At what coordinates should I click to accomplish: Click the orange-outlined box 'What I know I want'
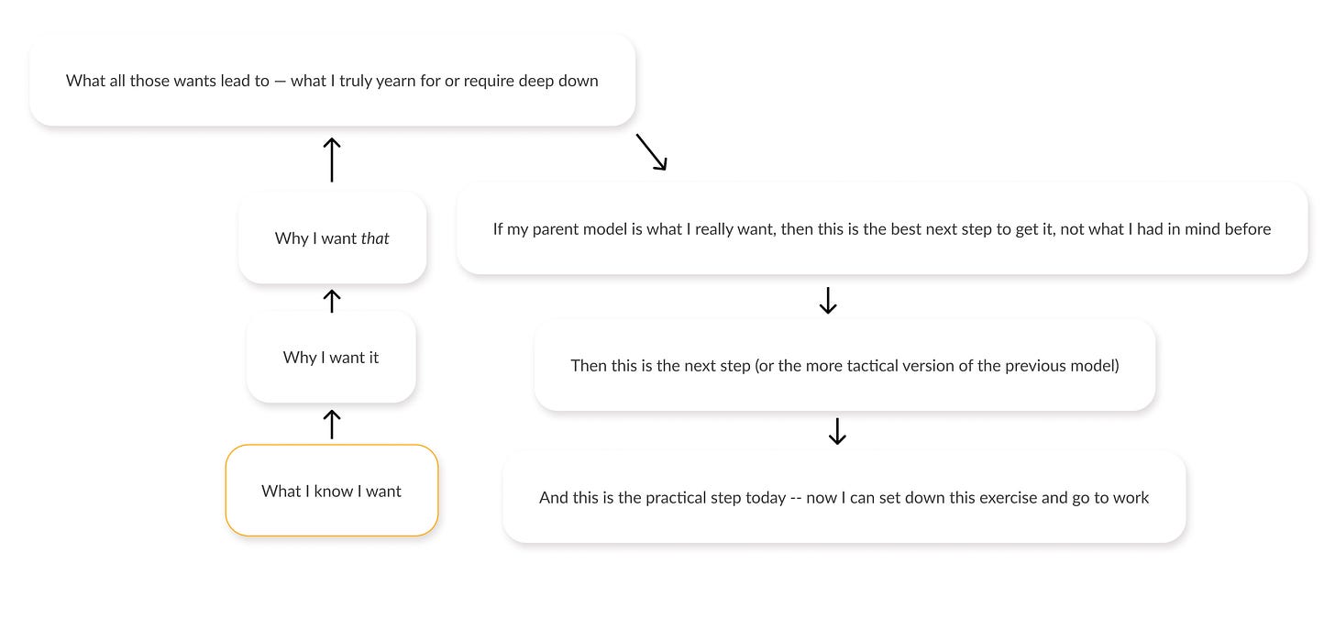[x=332, y=491]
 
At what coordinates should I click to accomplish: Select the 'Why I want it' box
[x=331, y=357]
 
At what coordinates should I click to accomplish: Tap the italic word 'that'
[x=375, y=238]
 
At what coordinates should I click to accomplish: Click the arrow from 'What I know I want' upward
[x=332, y=424]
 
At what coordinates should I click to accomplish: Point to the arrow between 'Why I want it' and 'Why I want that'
[x=332, y=299]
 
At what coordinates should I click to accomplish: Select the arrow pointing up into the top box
[x=332, y=160]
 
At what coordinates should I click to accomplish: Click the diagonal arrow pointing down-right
[x=652, y=152]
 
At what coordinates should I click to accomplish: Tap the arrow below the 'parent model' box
[x=828, y=300]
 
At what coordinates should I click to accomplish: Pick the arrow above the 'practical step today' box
[x=836, y=431]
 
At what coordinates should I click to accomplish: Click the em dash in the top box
[x=281, y=81]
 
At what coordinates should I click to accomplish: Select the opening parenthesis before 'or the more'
[x=758, y=366]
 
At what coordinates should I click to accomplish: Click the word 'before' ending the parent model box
[x=1247, y=229]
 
